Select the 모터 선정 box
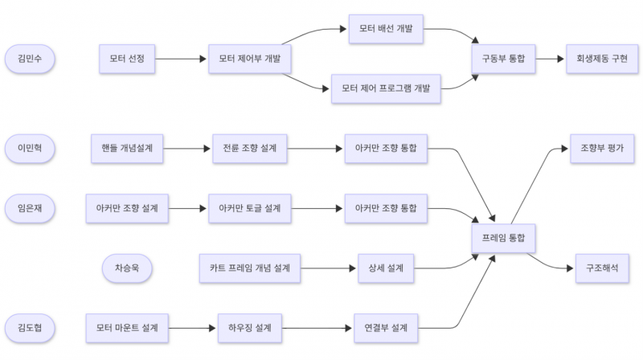(126, 59)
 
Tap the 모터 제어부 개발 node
(249, 59)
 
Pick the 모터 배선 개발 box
(385, 29)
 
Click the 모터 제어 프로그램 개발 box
(385, 88)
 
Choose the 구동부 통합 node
(502, 59)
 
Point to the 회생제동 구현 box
(601, 59)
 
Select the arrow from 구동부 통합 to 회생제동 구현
(551, 59)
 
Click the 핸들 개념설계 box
(127, 148)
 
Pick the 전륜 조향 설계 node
(250, 148)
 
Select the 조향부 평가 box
(601, 148)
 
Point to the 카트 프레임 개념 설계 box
(249, 267)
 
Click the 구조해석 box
(601, 267)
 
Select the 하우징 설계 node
(249, 327)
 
